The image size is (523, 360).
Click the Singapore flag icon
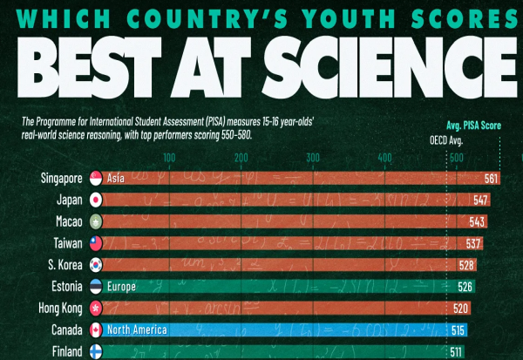coord(96,179)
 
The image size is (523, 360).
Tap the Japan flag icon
coord(96,200)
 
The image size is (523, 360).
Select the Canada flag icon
coord(96,329)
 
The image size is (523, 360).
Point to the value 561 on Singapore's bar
coord(492,179)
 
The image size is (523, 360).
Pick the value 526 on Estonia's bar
coord(466,286)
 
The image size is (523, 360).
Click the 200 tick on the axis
coord(240,157)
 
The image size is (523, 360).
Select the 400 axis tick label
coord(384,157)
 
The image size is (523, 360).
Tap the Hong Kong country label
coord(58,308)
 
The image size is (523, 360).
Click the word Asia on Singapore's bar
coord(115,179)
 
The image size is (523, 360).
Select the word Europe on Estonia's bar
coord(121,286)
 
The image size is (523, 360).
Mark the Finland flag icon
coord(96,351)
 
